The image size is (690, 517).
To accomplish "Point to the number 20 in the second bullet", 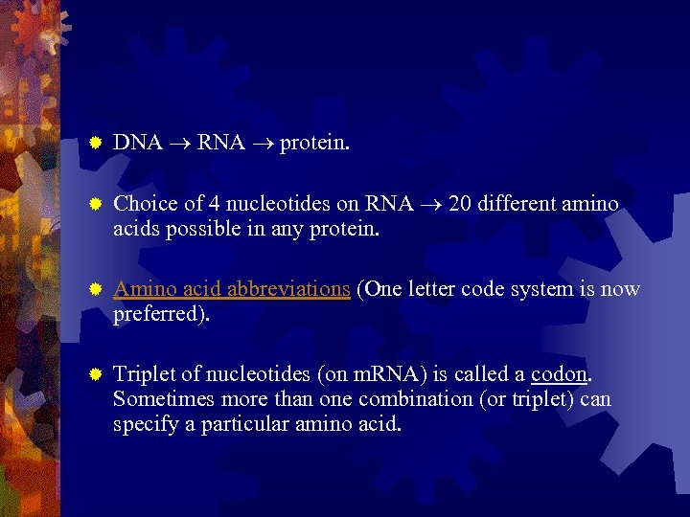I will click(456, 204).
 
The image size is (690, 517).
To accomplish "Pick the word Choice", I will click(143, 204).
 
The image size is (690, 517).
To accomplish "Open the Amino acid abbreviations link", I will click(231, 289).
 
